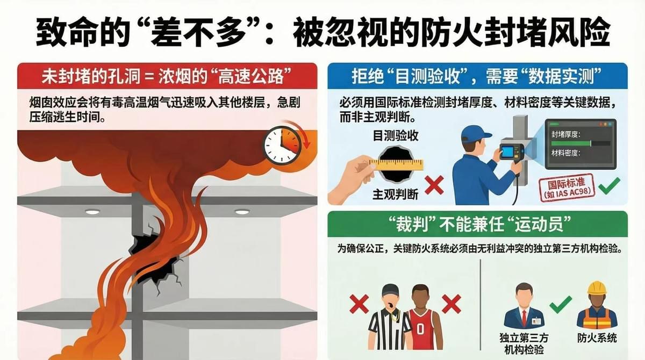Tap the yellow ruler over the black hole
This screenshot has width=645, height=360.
[397, 165]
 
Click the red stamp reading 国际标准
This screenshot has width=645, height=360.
[567, 188]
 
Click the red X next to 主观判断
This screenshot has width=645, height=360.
[434, 185]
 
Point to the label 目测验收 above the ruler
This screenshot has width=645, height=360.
[396, 136]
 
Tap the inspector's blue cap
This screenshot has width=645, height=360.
[475, 134]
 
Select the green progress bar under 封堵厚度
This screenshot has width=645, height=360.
[571, 143]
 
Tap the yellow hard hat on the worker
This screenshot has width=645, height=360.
[597, 288]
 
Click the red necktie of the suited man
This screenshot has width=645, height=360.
[524, 318]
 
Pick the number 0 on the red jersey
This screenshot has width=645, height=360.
[420, 329]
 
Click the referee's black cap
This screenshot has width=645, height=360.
[390, 290]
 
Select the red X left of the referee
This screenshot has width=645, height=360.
[359, 304]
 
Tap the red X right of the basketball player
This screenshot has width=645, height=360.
[451, 304]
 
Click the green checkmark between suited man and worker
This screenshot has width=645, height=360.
[560, 305]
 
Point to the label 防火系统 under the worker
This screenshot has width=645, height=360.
[597, 338]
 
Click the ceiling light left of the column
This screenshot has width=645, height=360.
[92, 212]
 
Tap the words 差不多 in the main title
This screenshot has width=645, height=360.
[198, 32]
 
